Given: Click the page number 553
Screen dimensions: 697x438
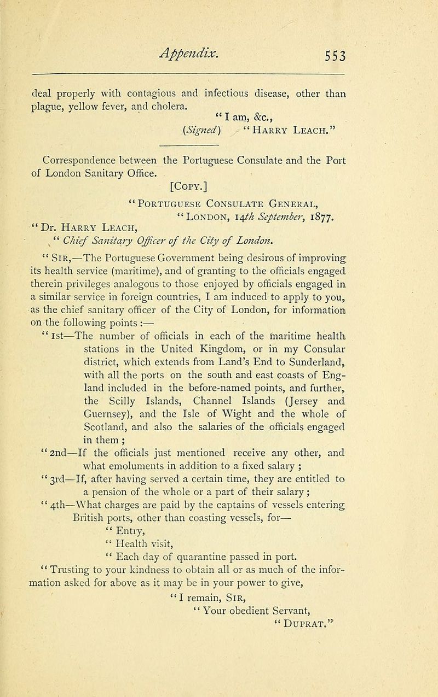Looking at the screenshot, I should pos(341,56).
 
